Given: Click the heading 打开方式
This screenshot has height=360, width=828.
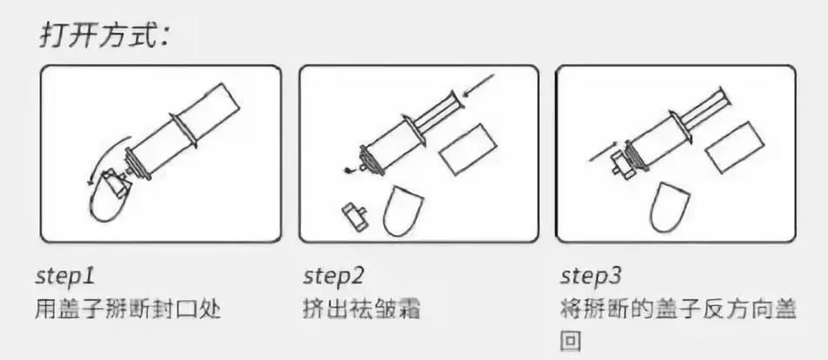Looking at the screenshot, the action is pos(104,36).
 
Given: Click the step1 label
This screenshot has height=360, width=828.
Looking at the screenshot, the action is pos(64,277).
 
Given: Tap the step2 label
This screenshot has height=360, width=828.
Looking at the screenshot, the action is pos(333,277).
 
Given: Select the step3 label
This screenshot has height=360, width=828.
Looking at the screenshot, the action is pos(591,277).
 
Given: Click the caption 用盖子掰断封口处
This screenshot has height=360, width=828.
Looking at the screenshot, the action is pos(127,310).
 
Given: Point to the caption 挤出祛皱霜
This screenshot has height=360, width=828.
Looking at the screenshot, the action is pos(362,310).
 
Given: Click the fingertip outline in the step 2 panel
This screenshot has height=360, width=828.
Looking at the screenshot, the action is pos(403,210).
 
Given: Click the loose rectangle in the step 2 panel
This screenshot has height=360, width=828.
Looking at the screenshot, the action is pos(468,150).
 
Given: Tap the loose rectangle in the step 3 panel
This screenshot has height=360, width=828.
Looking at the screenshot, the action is pos(735,147).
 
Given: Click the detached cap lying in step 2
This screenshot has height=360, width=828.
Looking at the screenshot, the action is pos(354,217).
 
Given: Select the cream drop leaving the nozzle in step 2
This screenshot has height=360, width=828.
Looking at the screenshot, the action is pos(348,170).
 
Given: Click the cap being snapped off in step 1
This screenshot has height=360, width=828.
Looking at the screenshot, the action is pos(117,182).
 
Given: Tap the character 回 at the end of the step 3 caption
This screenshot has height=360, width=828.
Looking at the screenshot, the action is pos(571,342).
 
